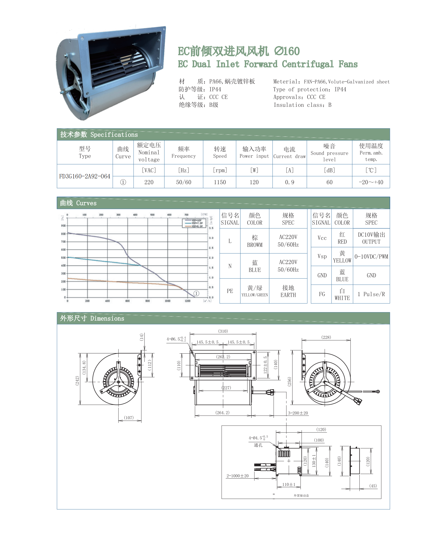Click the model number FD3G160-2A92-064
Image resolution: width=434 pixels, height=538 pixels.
point(85,176)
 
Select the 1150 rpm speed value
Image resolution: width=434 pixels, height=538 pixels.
point(220,182)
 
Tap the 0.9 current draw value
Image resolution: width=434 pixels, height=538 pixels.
point(289,182)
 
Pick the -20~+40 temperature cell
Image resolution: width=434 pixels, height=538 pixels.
point(371,182)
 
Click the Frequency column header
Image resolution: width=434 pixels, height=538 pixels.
point(184,153)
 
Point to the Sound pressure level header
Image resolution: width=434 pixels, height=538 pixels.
point(329,153)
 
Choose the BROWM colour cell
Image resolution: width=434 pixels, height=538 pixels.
point(255,241)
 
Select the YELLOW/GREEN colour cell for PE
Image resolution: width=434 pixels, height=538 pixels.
point(255,291)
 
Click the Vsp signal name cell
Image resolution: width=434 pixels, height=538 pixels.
point(322,257)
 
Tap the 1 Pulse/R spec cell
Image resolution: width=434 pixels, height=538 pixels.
point(371,294)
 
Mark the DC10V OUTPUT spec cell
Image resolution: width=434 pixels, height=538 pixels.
point(371,238)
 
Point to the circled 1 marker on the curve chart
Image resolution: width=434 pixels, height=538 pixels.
point(196,293)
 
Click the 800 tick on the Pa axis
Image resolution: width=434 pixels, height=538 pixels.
point(63,234)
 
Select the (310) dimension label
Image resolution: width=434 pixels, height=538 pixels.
point(223,331)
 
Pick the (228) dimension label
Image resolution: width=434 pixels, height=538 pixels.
point(326,337)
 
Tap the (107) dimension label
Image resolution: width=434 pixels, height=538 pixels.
point(129,418)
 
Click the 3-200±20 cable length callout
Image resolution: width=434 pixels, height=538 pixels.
point(298,413)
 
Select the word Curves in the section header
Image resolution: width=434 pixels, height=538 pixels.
point(86,203)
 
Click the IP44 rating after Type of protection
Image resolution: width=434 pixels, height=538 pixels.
point(340,89)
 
